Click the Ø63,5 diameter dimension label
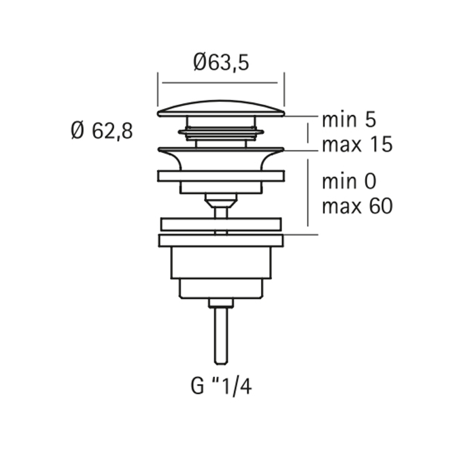click(x=221, y=63)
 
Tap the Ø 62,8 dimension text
click(x=102, y=131)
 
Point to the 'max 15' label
click(x=357, y=144)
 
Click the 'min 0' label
click(x=349, y=182)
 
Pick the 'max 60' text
click(x=357, y=206)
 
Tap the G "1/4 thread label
click(x=221, y=386)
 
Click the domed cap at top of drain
click(x=221, y=109)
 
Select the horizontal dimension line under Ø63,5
click(x=220, y=82)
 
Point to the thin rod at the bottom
click(x=221, y=336)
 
